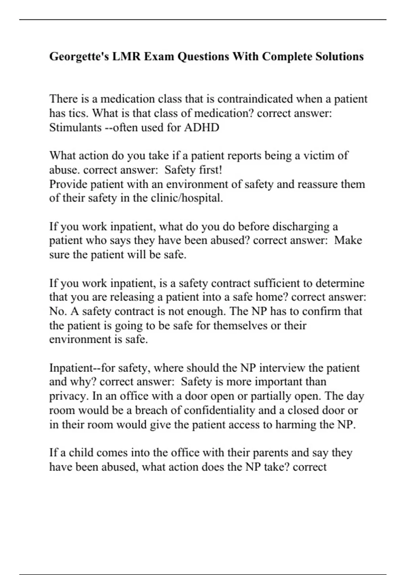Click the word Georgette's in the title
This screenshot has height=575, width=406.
click(79, 56)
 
